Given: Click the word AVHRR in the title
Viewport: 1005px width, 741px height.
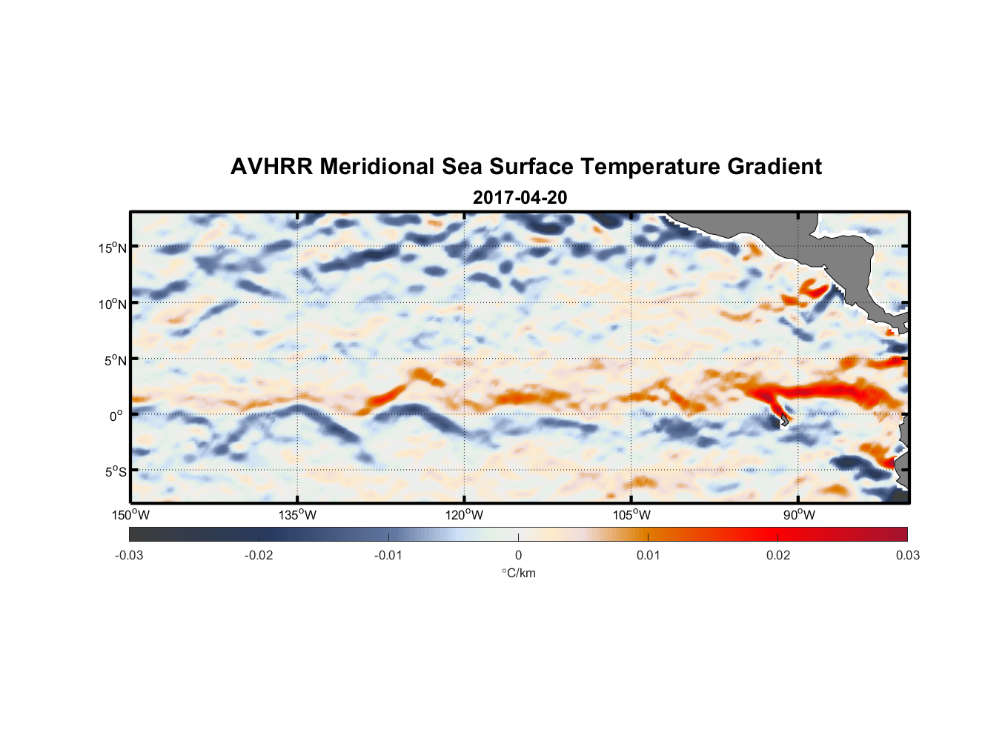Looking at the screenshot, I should point(271,167).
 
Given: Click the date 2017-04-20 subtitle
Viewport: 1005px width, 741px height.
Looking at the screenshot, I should point(520,198).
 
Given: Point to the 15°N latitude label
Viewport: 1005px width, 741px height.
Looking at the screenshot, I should point(113,247).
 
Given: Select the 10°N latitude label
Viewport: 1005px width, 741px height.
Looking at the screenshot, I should point(113,304).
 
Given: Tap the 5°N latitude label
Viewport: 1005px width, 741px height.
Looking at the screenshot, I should point(115,360).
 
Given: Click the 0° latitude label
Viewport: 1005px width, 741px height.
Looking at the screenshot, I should point(116,416).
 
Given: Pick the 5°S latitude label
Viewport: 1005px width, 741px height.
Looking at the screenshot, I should point(115,471).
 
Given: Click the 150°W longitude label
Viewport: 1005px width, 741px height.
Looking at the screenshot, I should point(130,515).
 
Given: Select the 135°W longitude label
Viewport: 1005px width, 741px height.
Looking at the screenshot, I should point(297,515).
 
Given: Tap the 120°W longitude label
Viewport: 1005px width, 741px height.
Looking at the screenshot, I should point(464,515).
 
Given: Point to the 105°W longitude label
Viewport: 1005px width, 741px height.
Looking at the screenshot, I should point(631,515).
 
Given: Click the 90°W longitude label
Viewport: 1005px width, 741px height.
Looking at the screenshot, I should point(799,515).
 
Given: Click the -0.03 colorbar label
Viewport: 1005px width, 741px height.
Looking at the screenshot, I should point(129,555).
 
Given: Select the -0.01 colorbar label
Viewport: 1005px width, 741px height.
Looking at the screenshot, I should point(388,555).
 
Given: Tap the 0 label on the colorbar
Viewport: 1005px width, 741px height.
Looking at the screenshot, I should point(518,555).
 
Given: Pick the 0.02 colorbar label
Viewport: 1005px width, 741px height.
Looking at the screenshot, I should point(778,555).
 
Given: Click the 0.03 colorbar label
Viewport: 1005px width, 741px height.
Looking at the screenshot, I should point(907,555).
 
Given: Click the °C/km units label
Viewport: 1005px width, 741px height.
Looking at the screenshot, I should point(519,573).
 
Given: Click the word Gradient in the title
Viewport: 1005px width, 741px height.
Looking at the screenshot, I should point(775,167).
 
